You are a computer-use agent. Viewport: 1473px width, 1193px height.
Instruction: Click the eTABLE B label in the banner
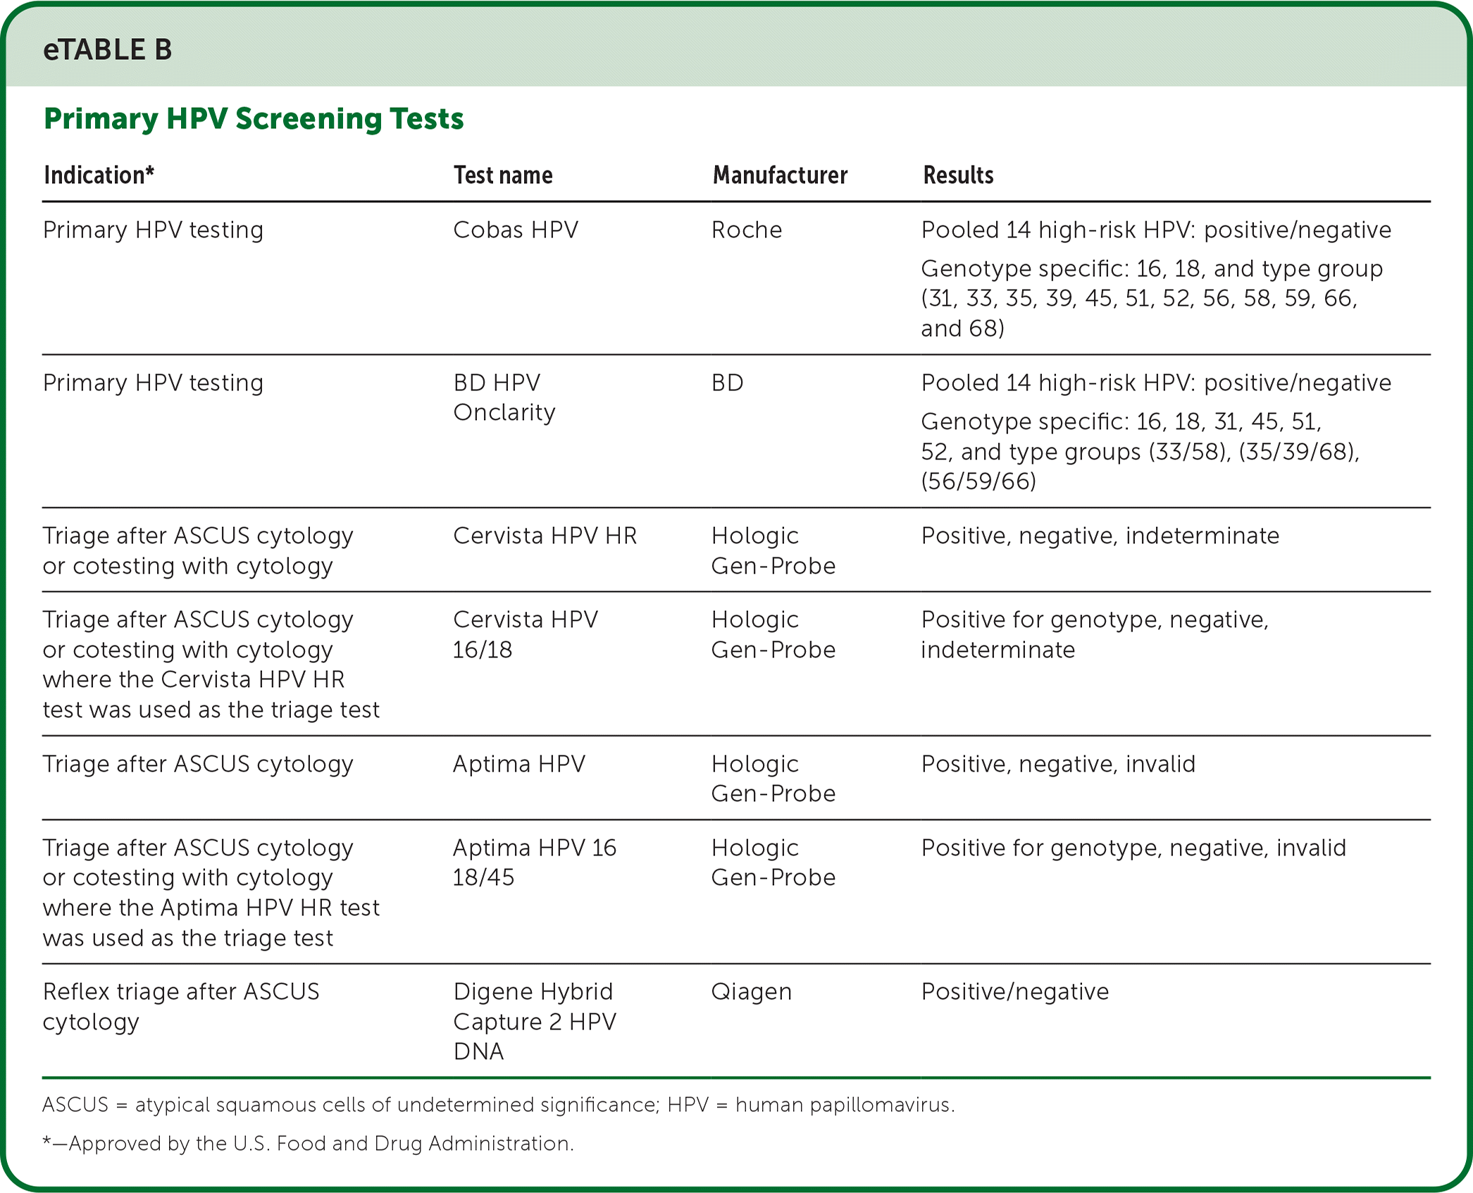[x=107, y=49]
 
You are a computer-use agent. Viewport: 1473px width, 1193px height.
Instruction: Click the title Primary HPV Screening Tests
[x=254, y=118]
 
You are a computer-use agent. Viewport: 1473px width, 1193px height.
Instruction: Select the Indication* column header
[x=99, y=175]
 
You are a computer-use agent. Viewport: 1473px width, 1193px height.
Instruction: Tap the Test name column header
[x=502, y=175]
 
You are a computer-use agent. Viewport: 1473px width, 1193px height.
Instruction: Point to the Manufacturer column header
[x=780, y=175]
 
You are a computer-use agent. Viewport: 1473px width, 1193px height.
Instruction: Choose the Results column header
[x=958, y=175]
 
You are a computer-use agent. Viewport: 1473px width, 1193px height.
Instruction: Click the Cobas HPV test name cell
[x=516, y=230]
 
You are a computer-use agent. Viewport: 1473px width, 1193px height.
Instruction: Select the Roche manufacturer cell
[x=747, y=230]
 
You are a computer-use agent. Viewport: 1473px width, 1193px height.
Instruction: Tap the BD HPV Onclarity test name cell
[x=504, y=397]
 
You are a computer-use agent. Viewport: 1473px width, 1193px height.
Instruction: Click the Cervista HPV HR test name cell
[x=545, y=536]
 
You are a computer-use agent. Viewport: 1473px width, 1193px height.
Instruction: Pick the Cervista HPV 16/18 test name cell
[x=525, y=634]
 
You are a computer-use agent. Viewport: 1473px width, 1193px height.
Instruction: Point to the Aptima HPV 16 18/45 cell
[x=534, y=862]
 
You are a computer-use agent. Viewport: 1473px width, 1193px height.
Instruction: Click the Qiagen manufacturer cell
[x=752, y=991]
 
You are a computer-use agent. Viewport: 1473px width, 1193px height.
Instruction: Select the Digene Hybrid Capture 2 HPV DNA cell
[x=534, y=1021]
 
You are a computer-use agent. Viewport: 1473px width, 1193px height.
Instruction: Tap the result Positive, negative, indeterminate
[x=1100, y=536]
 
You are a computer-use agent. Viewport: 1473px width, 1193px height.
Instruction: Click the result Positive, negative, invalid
[x=1058, y=764]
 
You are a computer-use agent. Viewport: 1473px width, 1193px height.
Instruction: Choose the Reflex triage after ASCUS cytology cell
[x=180, y=1006]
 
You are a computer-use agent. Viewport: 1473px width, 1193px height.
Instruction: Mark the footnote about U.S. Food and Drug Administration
[x=308, y=1143]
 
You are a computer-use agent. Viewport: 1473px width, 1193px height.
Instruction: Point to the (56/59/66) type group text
[x=978, y=481]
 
